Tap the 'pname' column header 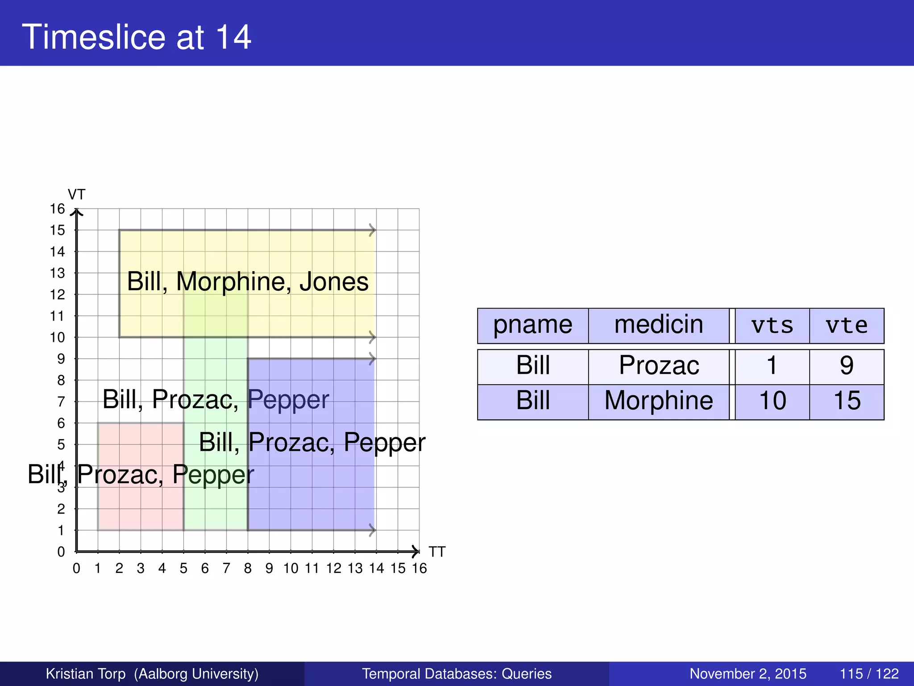pos(532,325)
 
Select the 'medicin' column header pos(658,325)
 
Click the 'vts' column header pos(772,326)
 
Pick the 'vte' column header pos(847,326)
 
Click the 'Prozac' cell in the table pos(659,366)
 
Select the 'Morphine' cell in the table pos(659,401)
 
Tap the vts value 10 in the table pos(772,401)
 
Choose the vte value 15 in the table pos(847,401)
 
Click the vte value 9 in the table pos(847,366)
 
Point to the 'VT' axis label pos(76,195)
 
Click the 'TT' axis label pos(437,552)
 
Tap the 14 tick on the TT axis pos(376,569)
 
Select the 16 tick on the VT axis pos(58,209)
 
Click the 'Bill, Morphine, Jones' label pos(248,282)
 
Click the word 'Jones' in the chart pos(334,282)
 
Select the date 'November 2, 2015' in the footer pos(748,673)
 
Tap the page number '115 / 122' pos(869,673)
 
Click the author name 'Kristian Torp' pos(86,673)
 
